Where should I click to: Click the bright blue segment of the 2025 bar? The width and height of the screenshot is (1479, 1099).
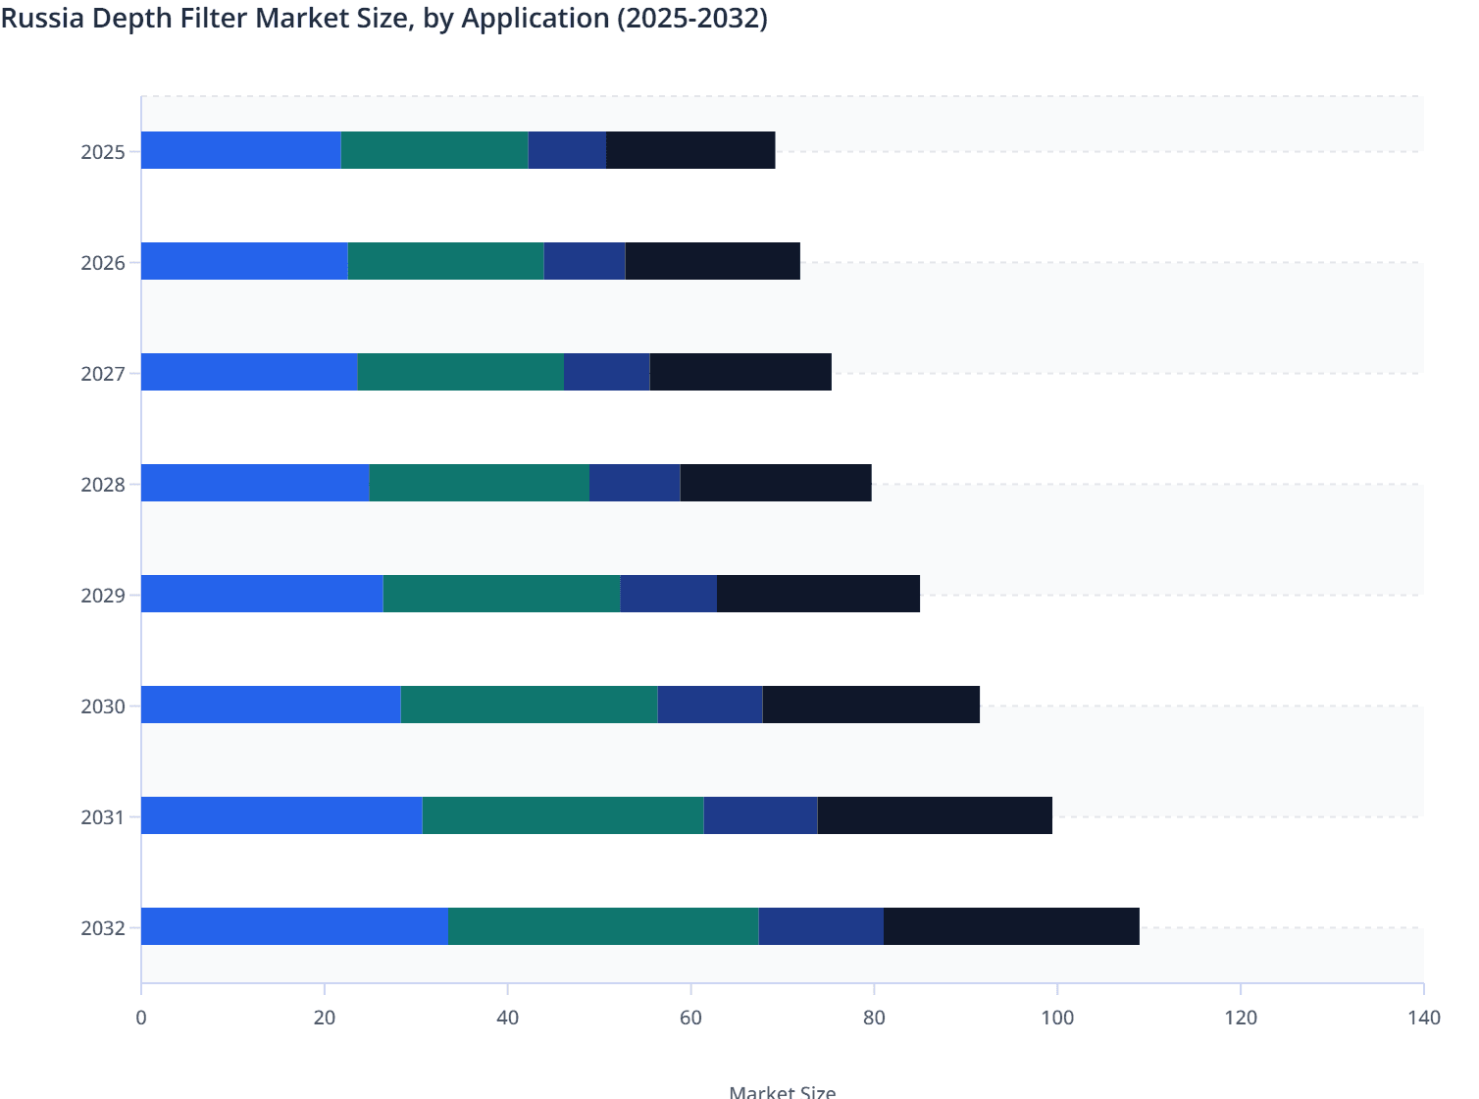241,150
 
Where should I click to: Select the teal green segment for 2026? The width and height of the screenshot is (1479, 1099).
445,261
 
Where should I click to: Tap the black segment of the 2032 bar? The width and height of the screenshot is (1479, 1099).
1011,926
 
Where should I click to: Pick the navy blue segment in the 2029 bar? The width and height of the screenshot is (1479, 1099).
668,594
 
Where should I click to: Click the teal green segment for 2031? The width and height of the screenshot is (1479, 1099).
563,815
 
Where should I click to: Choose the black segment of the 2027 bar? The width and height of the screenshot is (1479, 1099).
740,372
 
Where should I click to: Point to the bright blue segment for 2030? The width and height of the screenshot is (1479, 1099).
271,705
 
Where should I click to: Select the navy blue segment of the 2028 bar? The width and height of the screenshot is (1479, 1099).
635,483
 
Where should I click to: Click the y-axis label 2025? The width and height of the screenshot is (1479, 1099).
103,152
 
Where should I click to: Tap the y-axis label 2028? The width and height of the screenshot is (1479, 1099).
103,485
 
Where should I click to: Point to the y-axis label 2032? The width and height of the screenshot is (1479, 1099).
103,928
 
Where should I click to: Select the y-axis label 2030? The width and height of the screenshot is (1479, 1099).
103,706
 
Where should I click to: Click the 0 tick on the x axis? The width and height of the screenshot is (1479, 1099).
141,1018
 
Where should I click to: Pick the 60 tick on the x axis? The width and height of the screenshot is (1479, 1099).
690,1018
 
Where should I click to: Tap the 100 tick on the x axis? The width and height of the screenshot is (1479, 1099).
1057,1018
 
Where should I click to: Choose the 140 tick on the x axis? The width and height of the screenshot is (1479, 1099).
1423,1018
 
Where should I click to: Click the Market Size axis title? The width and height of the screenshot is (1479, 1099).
782,1091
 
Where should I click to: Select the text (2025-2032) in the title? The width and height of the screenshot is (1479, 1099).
691,19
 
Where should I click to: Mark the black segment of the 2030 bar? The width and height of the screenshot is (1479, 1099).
871,705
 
